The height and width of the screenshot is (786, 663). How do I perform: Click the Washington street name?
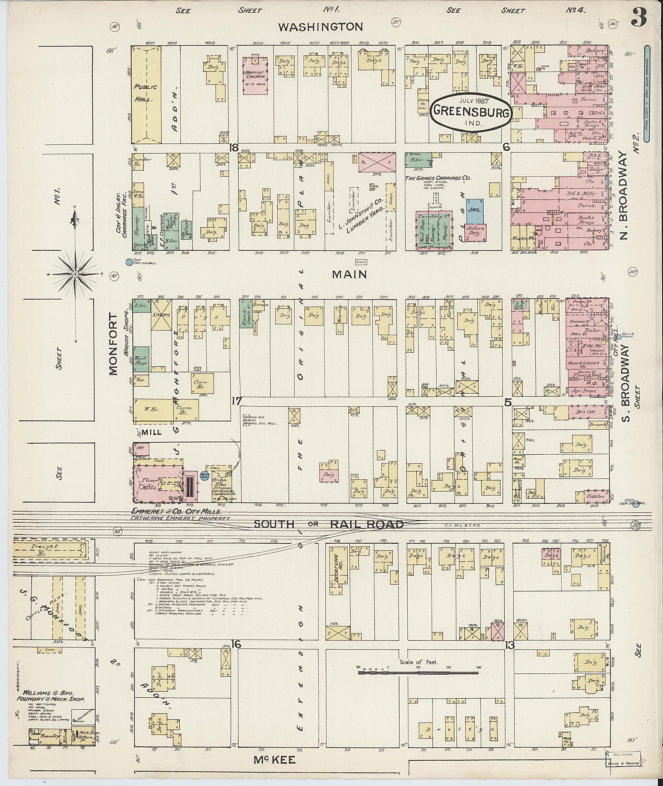(320, 27)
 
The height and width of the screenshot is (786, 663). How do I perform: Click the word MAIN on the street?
(350, 275)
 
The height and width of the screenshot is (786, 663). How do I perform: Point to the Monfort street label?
(114, 345)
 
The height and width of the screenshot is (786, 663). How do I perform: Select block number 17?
(236, 401)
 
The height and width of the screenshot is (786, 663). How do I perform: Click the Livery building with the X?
(161, 315)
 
